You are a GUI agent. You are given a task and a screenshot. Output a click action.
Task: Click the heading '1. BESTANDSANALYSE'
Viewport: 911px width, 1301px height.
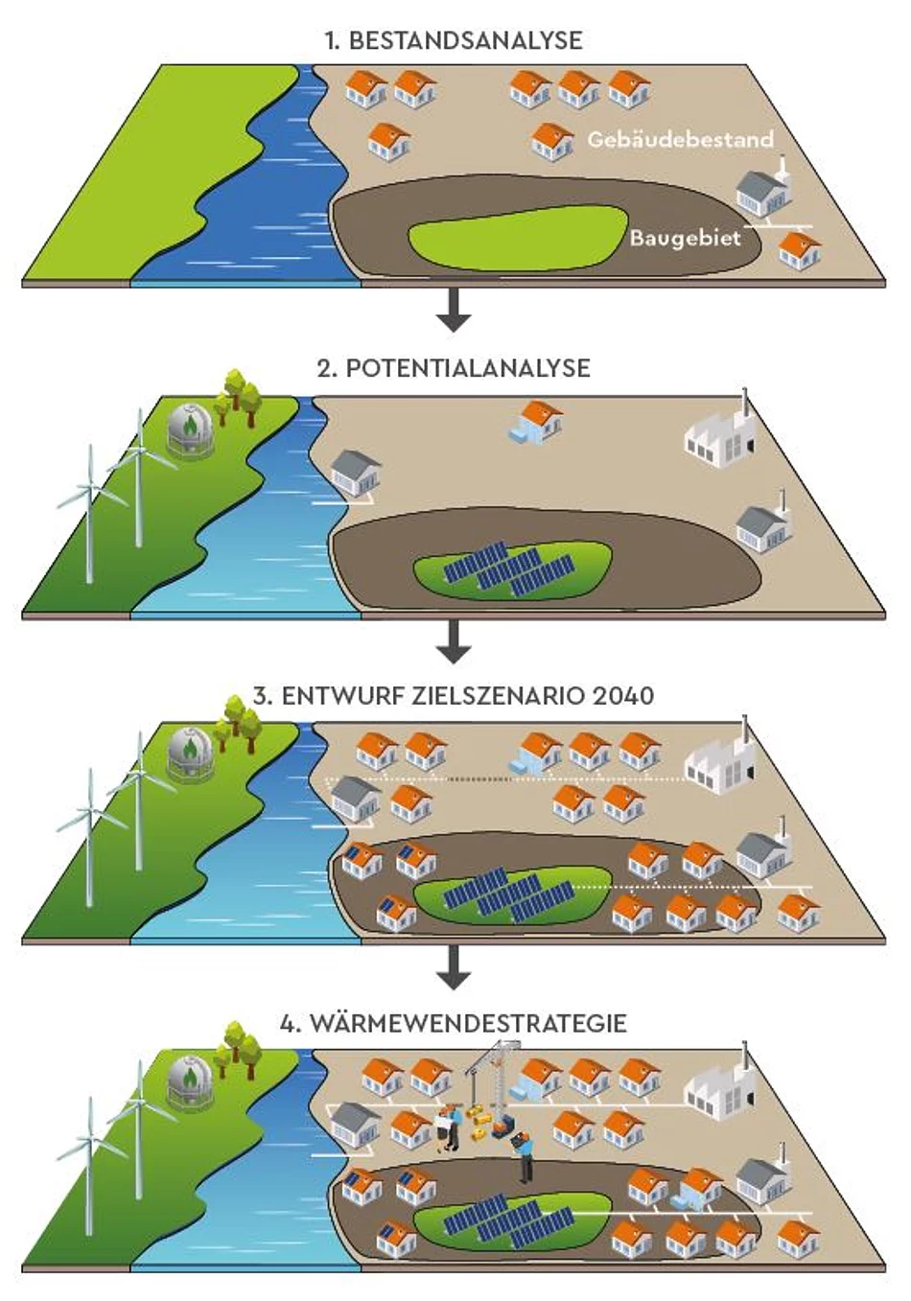click(453, 40)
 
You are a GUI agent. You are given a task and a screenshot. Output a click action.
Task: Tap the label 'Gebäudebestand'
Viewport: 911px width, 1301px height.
click(680, 140)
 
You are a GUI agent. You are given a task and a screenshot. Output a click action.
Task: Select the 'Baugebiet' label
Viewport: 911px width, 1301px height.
click(685, 238)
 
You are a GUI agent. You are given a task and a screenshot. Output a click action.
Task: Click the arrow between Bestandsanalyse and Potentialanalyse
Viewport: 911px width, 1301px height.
click(453, 309)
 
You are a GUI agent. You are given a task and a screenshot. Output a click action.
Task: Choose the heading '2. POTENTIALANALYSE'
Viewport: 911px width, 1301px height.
click(453, 368)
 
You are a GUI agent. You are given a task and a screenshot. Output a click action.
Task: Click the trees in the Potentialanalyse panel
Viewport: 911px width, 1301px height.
click(237, 394)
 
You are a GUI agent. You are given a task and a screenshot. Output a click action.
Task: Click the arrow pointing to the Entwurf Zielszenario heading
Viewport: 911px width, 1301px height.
click(453, 640)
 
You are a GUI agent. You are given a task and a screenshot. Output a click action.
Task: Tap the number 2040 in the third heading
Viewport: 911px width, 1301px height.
click(623, 695)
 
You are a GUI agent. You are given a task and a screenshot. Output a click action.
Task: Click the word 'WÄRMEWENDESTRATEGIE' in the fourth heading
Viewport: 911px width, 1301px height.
click(467, 1023)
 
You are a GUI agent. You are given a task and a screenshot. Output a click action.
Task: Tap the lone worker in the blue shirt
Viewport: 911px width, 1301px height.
click(524, 1155)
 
